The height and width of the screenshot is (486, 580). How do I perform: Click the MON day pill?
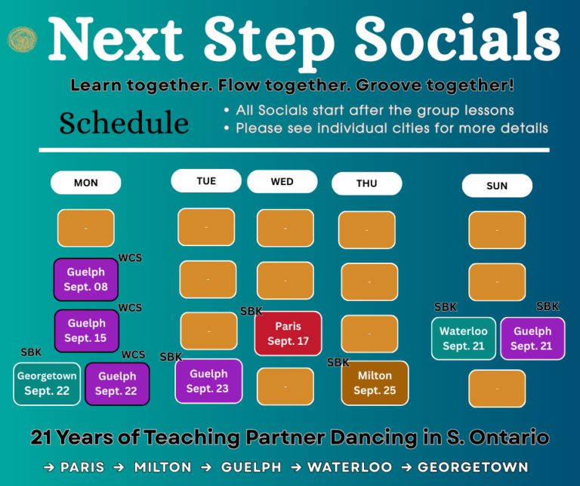tap(86, 183)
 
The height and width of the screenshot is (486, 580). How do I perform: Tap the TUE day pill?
tap(206, 180)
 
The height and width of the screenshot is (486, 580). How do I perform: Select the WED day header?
tap(282, 181)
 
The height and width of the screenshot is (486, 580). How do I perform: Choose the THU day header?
tap(367, 183)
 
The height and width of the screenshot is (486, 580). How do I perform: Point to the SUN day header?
tap(497, 186)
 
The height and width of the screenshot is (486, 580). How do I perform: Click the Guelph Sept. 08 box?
tap(86, 279)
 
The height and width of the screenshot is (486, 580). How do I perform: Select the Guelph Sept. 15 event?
tap(87, 331)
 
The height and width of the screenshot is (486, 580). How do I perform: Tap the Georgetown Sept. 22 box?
tap(47, 384)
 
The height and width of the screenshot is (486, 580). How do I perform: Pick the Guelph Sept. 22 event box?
tap(117, 384)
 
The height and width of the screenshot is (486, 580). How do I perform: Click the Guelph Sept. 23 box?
tap(208, 381)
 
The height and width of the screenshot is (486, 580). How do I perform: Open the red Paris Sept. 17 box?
tap(288, 334)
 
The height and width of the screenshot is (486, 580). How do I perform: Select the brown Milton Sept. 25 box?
tap(375, 383)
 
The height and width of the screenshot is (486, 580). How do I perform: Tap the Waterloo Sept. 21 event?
tap(464, 339)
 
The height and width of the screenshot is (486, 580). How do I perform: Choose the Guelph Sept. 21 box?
tap(532, 339)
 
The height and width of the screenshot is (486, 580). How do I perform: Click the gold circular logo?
tap(22, 39)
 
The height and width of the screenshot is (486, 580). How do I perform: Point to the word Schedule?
tap(124, 123)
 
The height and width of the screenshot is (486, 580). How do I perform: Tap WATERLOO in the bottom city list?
tap(350, 467)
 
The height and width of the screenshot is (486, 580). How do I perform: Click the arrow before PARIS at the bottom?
tap(49, 468)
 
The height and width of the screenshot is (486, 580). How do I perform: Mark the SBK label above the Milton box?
tap(338, 362)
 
